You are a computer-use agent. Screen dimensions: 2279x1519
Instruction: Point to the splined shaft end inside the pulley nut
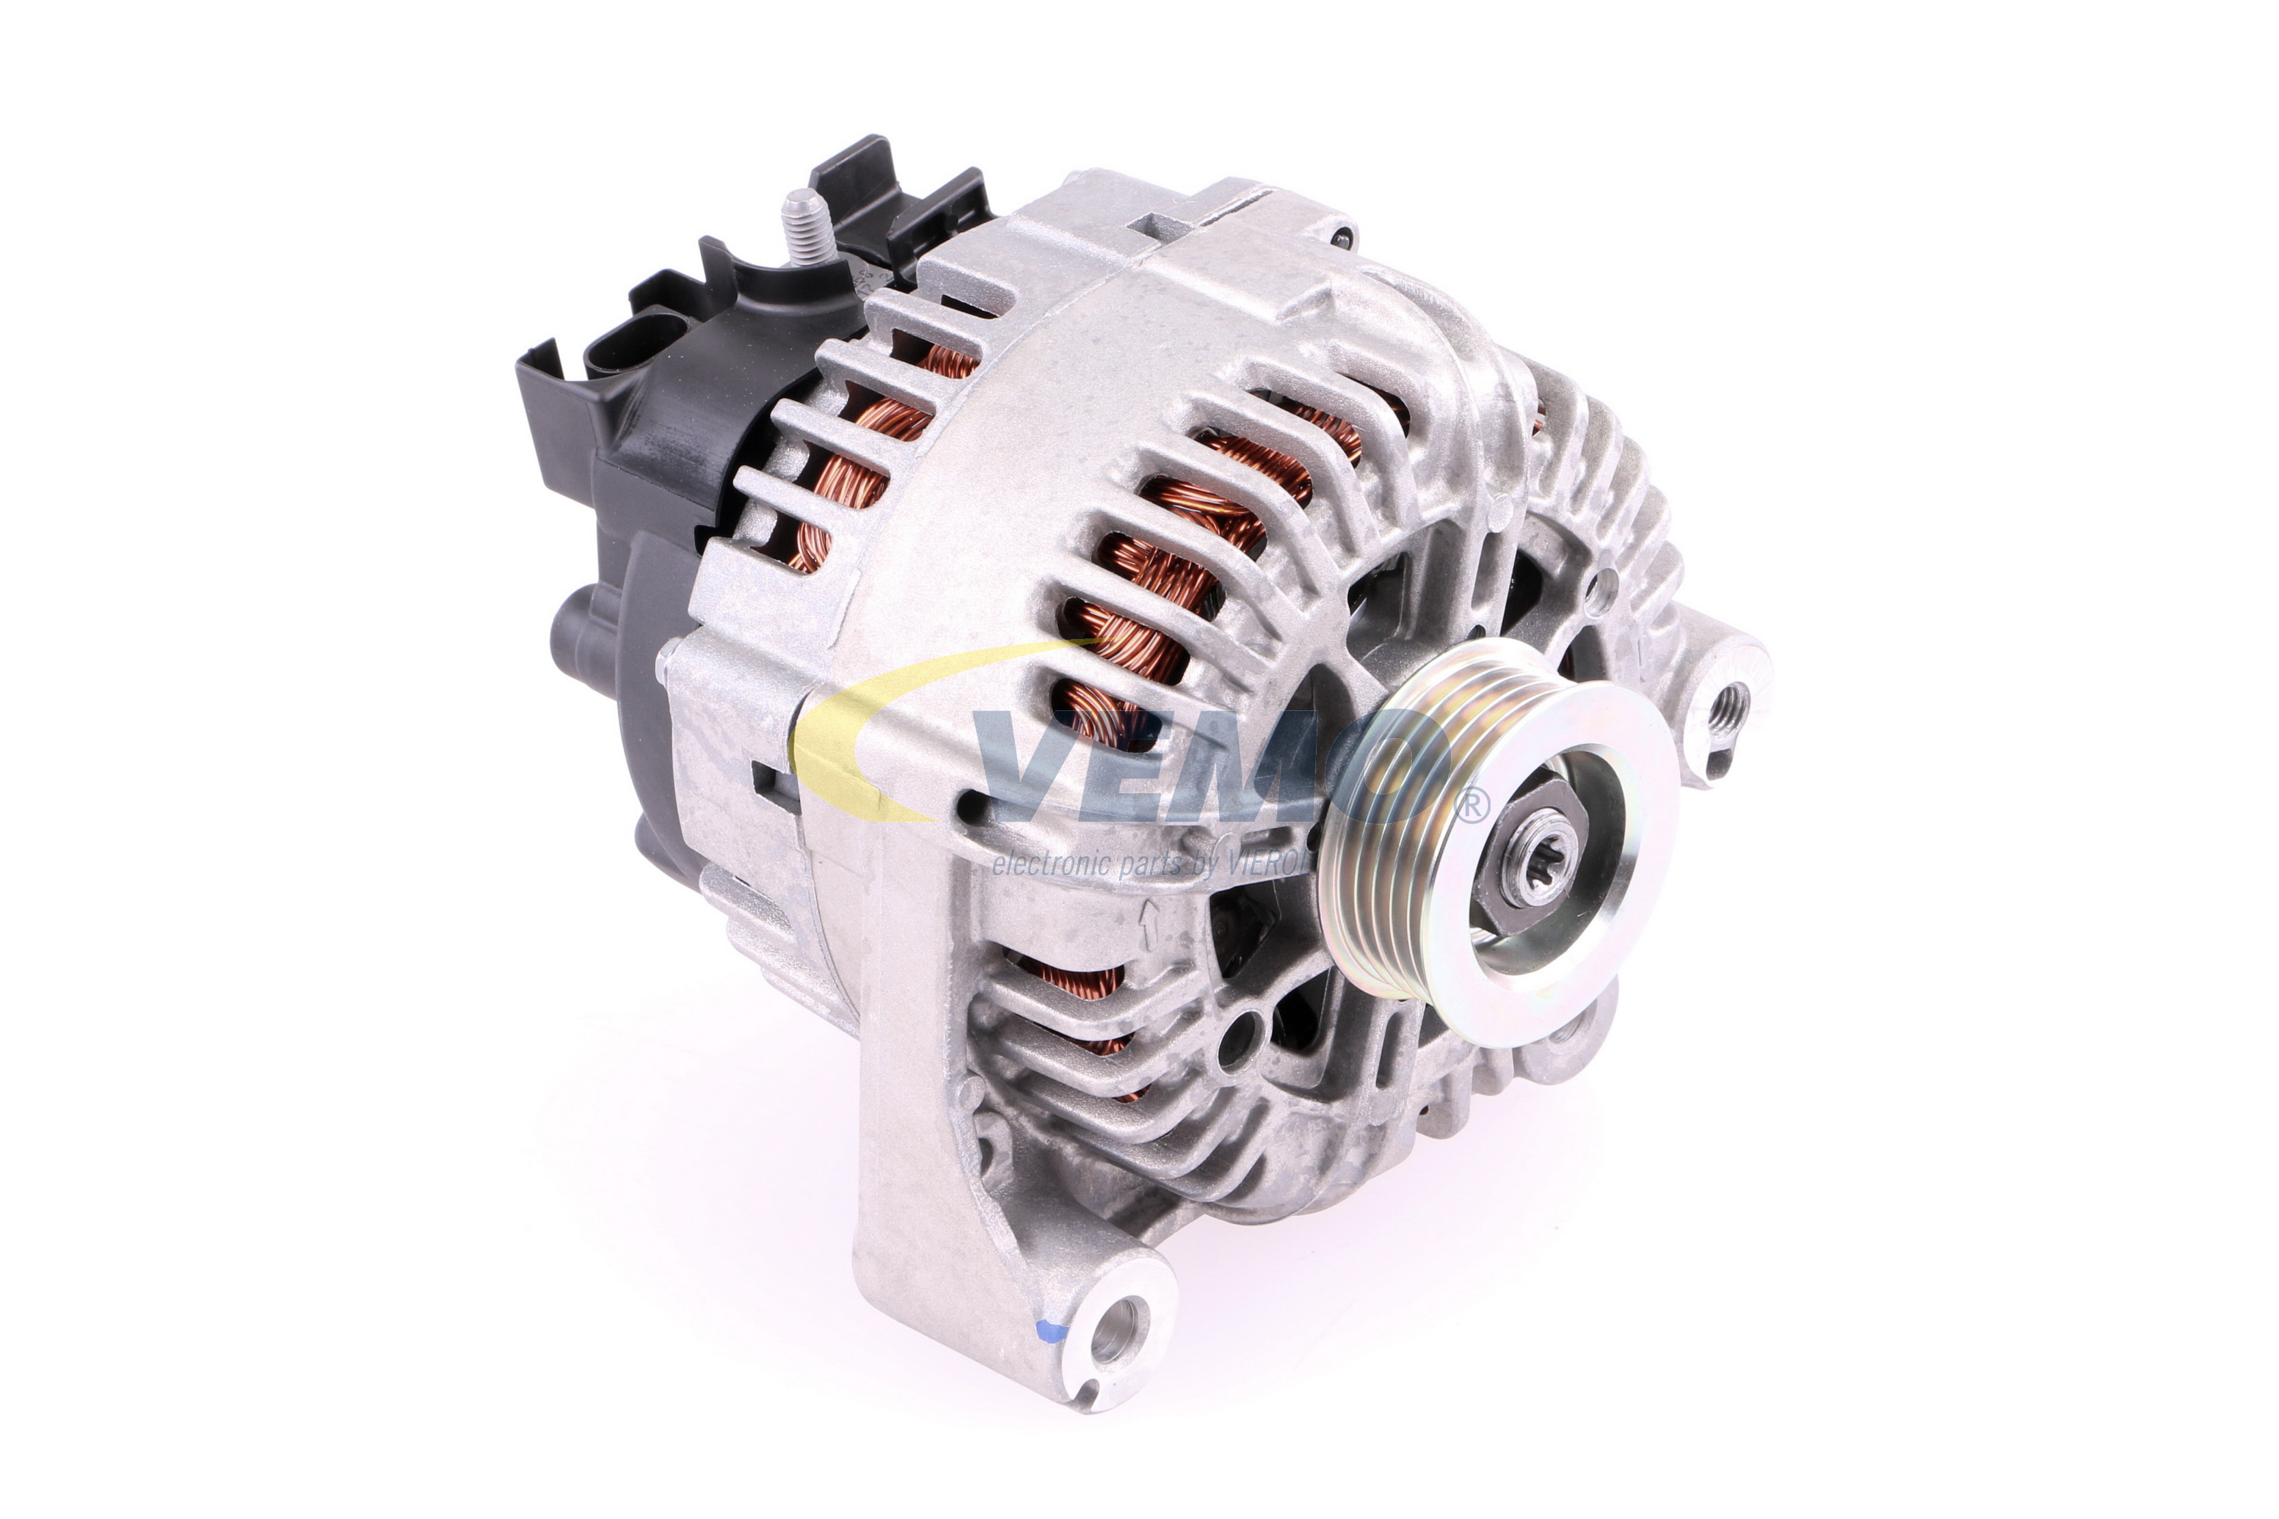1524,865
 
